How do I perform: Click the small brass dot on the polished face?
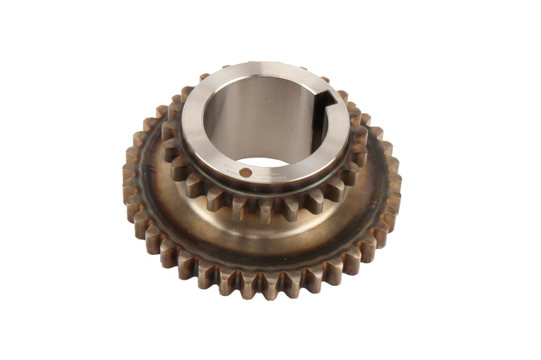click(x=245, y=172)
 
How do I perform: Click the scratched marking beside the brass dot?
click(x=267, y=175)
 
